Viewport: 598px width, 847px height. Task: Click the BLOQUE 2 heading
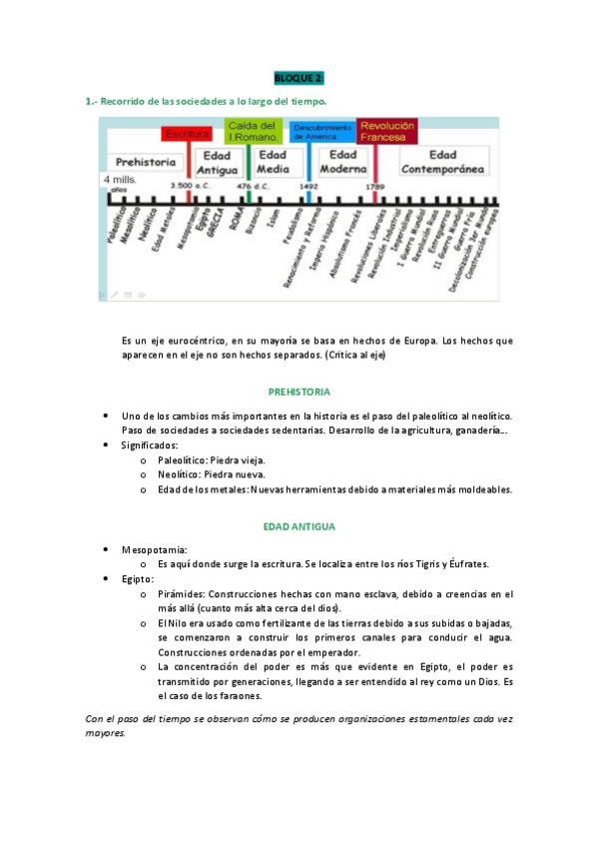[299, 78]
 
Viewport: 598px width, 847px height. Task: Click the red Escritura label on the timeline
[187, 133]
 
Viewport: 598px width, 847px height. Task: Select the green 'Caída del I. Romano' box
[252, 132]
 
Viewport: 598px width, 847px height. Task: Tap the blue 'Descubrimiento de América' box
[321, 132]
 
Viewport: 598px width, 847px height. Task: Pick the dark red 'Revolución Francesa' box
[386, 131]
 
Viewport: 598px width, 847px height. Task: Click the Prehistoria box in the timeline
[146, 162]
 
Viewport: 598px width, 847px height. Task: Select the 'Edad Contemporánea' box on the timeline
[443, 162]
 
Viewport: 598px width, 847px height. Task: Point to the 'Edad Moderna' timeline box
[342, 162]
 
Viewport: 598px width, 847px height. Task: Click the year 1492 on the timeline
[308, 187]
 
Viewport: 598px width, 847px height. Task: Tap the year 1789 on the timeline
[375, 187]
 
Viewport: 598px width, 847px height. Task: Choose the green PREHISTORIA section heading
[299, 392]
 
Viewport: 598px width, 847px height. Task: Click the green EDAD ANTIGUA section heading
[299, 525]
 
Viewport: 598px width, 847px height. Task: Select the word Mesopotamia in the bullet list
[153, 549]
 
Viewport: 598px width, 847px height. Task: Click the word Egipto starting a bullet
[137, 579]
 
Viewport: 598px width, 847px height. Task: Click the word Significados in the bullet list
[150, 444]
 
